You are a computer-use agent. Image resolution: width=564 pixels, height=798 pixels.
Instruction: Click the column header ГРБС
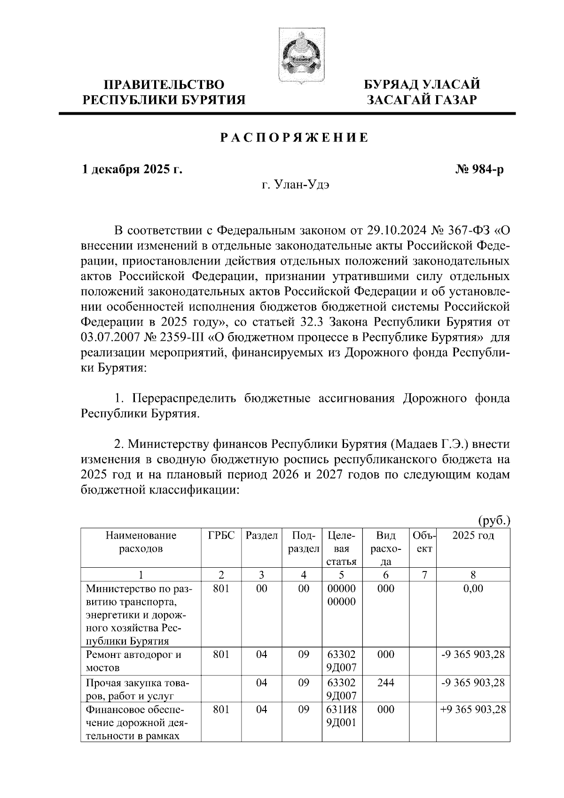tap(221, 536)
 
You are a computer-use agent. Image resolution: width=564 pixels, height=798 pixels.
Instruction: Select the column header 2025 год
tap(473, 536)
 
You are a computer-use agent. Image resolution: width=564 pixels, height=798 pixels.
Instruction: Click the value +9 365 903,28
tap(473, 710)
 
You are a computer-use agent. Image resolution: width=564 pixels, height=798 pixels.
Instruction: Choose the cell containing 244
tap(385, 682)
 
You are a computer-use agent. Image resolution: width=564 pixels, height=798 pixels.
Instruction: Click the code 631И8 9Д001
tap(342, 716)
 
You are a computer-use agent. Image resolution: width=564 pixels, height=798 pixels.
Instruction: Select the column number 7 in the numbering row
tap(424, 575)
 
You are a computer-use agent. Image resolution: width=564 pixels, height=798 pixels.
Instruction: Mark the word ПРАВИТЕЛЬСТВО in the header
tap(164, 85)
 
